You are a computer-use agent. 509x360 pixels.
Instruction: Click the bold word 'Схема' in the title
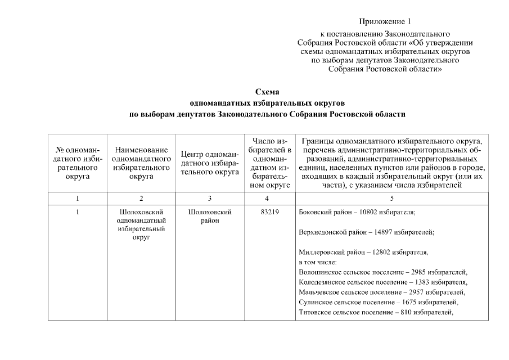tap(267, 92)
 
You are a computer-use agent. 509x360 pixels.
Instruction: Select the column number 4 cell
tap(267, 199)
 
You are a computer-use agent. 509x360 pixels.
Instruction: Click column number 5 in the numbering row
tap(392, 199)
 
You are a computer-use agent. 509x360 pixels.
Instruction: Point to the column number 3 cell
tap(209, 199)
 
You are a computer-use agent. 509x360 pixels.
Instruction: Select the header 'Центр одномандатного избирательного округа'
tap(210, 163)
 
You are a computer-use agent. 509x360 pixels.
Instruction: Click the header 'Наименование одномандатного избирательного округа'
tap(141, 163)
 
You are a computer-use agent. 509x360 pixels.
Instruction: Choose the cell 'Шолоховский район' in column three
tap(209, 217)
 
